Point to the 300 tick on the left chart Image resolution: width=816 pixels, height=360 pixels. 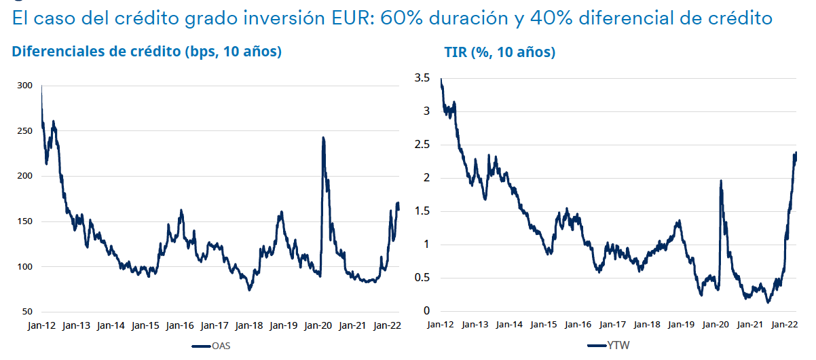tap(25, 86)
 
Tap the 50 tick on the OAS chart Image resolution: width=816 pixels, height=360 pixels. tap(27, 312)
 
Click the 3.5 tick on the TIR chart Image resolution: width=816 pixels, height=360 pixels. tap(422, 79)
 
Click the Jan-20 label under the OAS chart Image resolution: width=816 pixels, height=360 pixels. tap(318, 325)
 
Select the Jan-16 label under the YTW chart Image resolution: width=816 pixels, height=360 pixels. tap(576, 325)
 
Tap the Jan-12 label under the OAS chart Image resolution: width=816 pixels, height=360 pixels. tap(42, 325)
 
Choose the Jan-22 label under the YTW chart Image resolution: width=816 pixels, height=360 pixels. tap(783, 325)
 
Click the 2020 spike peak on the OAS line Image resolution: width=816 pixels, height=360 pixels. tap(322, 138)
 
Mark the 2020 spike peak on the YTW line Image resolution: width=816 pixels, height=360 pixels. tap(720, 181)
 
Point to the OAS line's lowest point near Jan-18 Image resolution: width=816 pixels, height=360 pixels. tap(250, 290)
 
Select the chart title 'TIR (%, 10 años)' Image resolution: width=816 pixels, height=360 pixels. tap(500, 52)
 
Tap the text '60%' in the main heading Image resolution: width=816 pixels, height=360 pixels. tap(399, 18)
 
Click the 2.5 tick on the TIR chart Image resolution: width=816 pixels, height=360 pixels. tap(422, 145)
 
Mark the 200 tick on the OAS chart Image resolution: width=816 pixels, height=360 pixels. tap(25, 176)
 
